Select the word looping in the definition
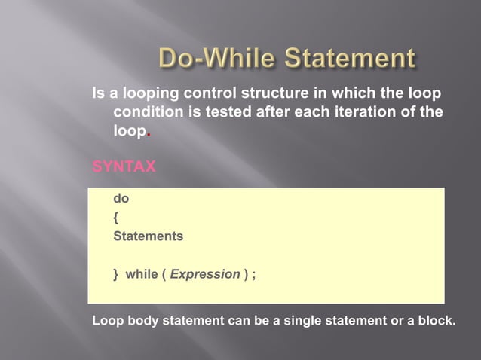pyautogui.click(x=138, y=95)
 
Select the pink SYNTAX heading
pyautogui.click(x=124, y=166)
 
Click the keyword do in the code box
pyautogui.click(x=121, y=200)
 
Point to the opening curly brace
pyautogui.click(x=115, y=218)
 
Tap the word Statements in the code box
pyautogui.click(x=148, y=236)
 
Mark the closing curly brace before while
pyautogui.click(x=115, y=273)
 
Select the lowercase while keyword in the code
pyautogui.click(x=141, y=273)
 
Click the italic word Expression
pyautogui.click(x=205, y=273)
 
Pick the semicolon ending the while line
pyautogui.click(x=253, y=274)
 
